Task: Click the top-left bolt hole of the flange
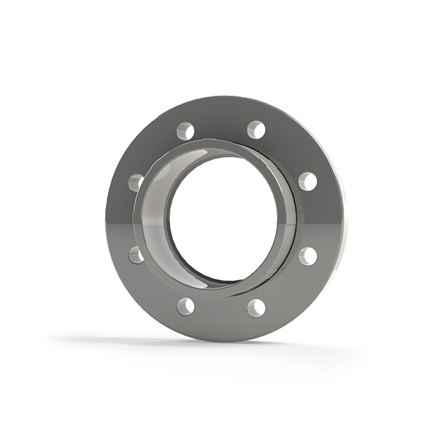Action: click(185, 131)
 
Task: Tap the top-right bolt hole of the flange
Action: click(255, 130)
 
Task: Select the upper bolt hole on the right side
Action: click(307, 181)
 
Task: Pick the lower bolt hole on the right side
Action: click(308, 255)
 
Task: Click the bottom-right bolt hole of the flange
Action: click(255, 307)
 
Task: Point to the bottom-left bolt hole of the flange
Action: click(185, 306)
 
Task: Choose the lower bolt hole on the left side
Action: click(137, 255)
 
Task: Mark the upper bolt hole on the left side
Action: click(137, 182)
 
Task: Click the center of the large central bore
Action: click(223, 219)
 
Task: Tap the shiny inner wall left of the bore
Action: click(155, 219)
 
